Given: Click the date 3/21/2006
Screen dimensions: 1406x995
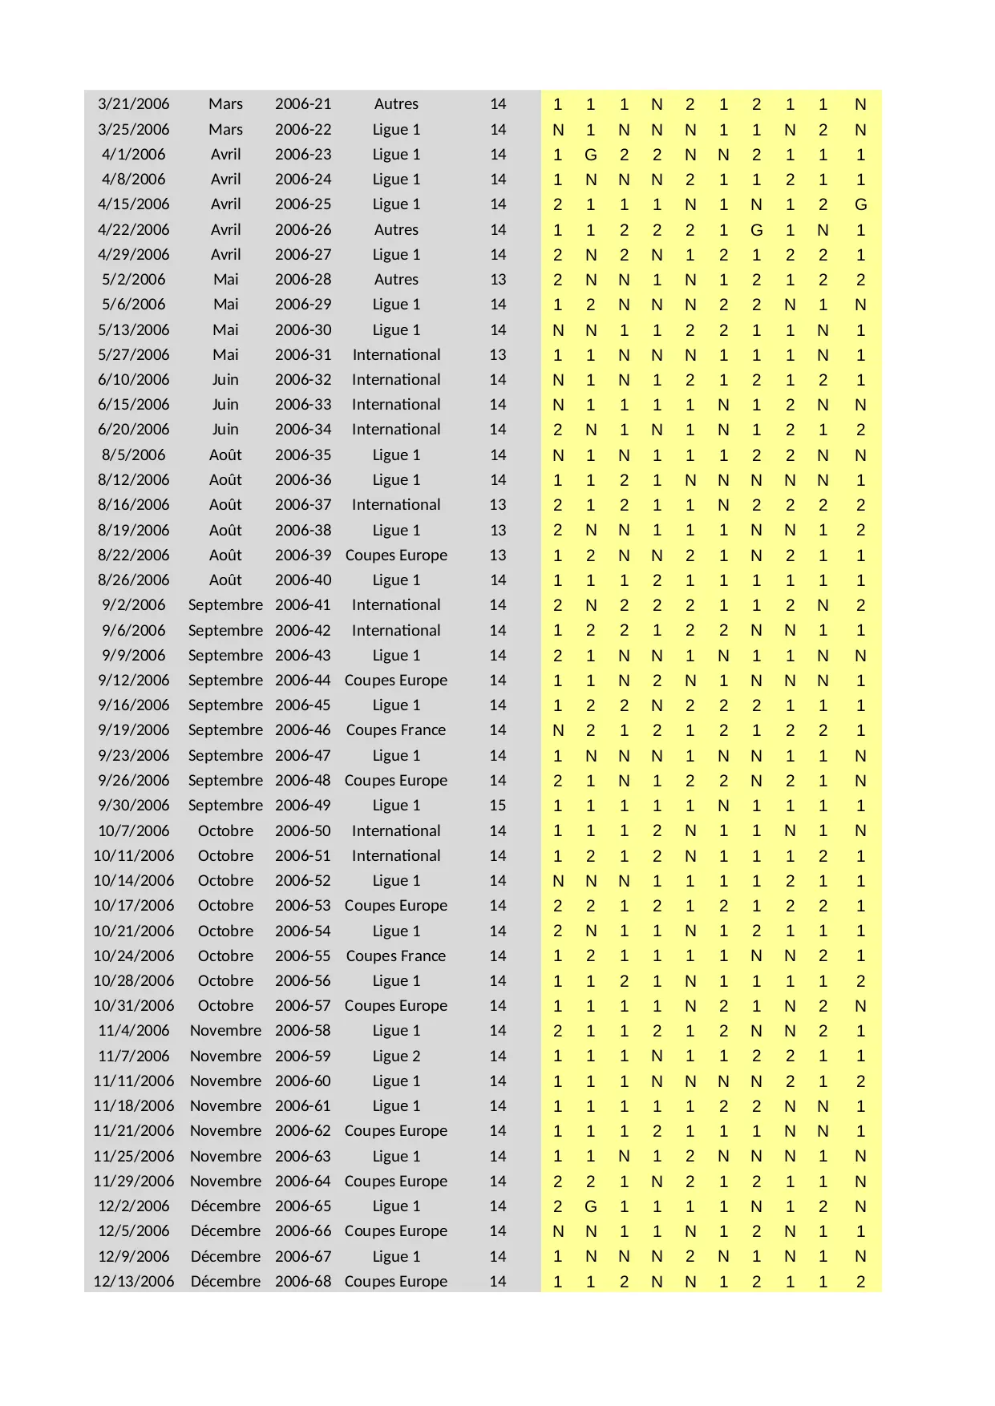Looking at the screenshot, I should [x=133, y=104].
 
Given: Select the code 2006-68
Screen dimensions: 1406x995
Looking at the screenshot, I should [x=302, y=1281].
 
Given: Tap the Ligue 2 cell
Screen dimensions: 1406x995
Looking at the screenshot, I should [x=396, y=1056].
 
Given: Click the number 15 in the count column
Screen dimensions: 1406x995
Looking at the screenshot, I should [x=498, y=805].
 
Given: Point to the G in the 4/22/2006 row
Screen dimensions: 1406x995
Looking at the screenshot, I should [x=756, y=230].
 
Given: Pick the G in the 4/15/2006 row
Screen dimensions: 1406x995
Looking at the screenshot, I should [x=860, y=204].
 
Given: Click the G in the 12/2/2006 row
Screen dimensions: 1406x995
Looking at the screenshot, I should [x=591, y=1206].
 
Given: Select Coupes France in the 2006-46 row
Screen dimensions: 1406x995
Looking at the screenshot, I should [x=396, y=730].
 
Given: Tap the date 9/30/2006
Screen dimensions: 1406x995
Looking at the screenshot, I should [x=133, y=805].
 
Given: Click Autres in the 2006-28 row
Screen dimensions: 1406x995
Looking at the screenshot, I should [x=396, y=280].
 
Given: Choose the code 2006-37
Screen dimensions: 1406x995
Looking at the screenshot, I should [x=302, y=505].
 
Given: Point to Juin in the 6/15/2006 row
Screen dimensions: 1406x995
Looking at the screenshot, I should [x=225, y=405].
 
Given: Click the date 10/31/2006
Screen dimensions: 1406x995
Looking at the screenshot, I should [x=133, y=1005].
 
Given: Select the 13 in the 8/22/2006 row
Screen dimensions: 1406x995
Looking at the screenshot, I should [x=498, y=556].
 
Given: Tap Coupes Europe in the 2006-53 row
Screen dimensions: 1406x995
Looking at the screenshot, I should [x=396, y=905].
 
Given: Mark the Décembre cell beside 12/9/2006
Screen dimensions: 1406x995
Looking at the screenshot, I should [x=225, y=1256].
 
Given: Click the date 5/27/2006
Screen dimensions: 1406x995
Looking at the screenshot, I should [x=133, y=354].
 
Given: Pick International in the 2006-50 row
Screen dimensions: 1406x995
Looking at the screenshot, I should [x=396, y=830].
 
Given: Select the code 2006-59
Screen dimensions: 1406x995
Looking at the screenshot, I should [x=302, y=1056].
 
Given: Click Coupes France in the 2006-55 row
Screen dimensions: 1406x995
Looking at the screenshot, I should [x=396, y=956].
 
